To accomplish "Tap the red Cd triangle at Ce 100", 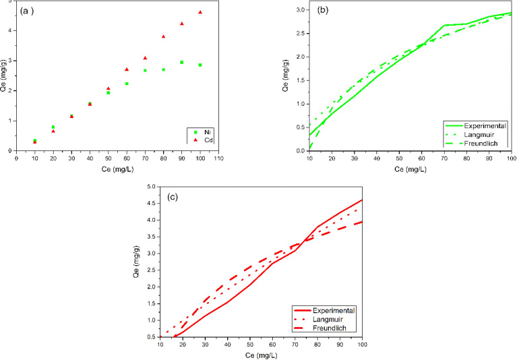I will coord(200,12).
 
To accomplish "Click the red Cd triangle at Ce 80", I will coord(163,36).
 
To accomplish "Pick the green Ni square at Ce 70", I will coord(145,70).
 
